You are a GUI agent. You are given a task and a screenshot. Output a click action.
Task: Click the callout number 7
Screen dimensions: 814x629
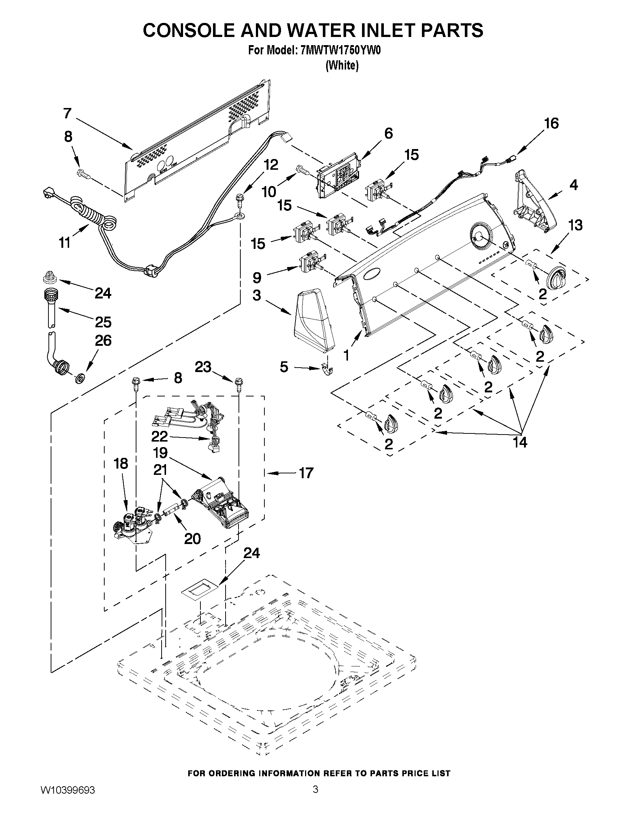[67, 113]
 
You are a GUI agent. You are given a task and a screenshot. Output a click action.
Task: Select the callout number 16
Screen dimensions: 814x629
[551, 124]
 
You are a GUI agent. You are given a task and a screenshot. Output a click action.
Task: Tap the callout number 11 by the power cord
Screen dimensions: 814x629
[65, 243]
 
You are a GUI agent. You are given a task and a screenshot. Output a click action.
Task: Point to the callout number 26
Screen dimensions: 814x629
[103, 340]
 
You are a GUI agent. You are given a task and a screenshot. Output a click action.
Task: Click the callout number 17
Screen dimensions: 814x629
[306, 473]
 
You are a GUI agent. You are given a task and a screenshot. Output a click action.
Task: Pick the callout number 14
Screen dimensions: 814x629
[520, 442]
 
